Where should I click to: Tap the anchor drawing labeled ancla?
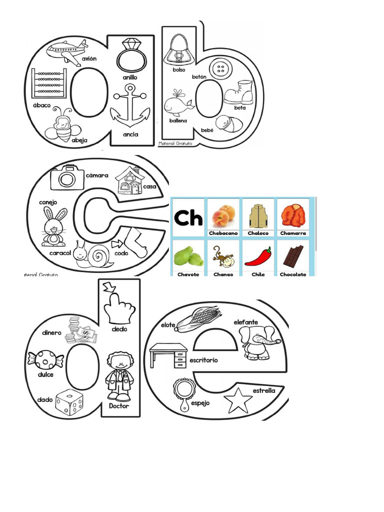coord(130,106)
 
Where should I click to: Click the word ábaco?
coord(41,105)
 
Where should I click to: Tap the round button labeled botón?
coord(219,69)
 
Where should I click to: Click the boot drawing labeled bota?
coord(239,93)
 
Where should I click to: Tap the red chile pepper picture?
coord(257,256)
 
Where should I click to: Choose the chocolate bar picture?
coord(293,255)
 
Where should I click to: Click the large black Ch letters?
coord(188,218)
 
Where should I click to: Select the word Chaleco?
coord(258,233)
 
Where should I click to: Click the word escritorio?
coord(203,360)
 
